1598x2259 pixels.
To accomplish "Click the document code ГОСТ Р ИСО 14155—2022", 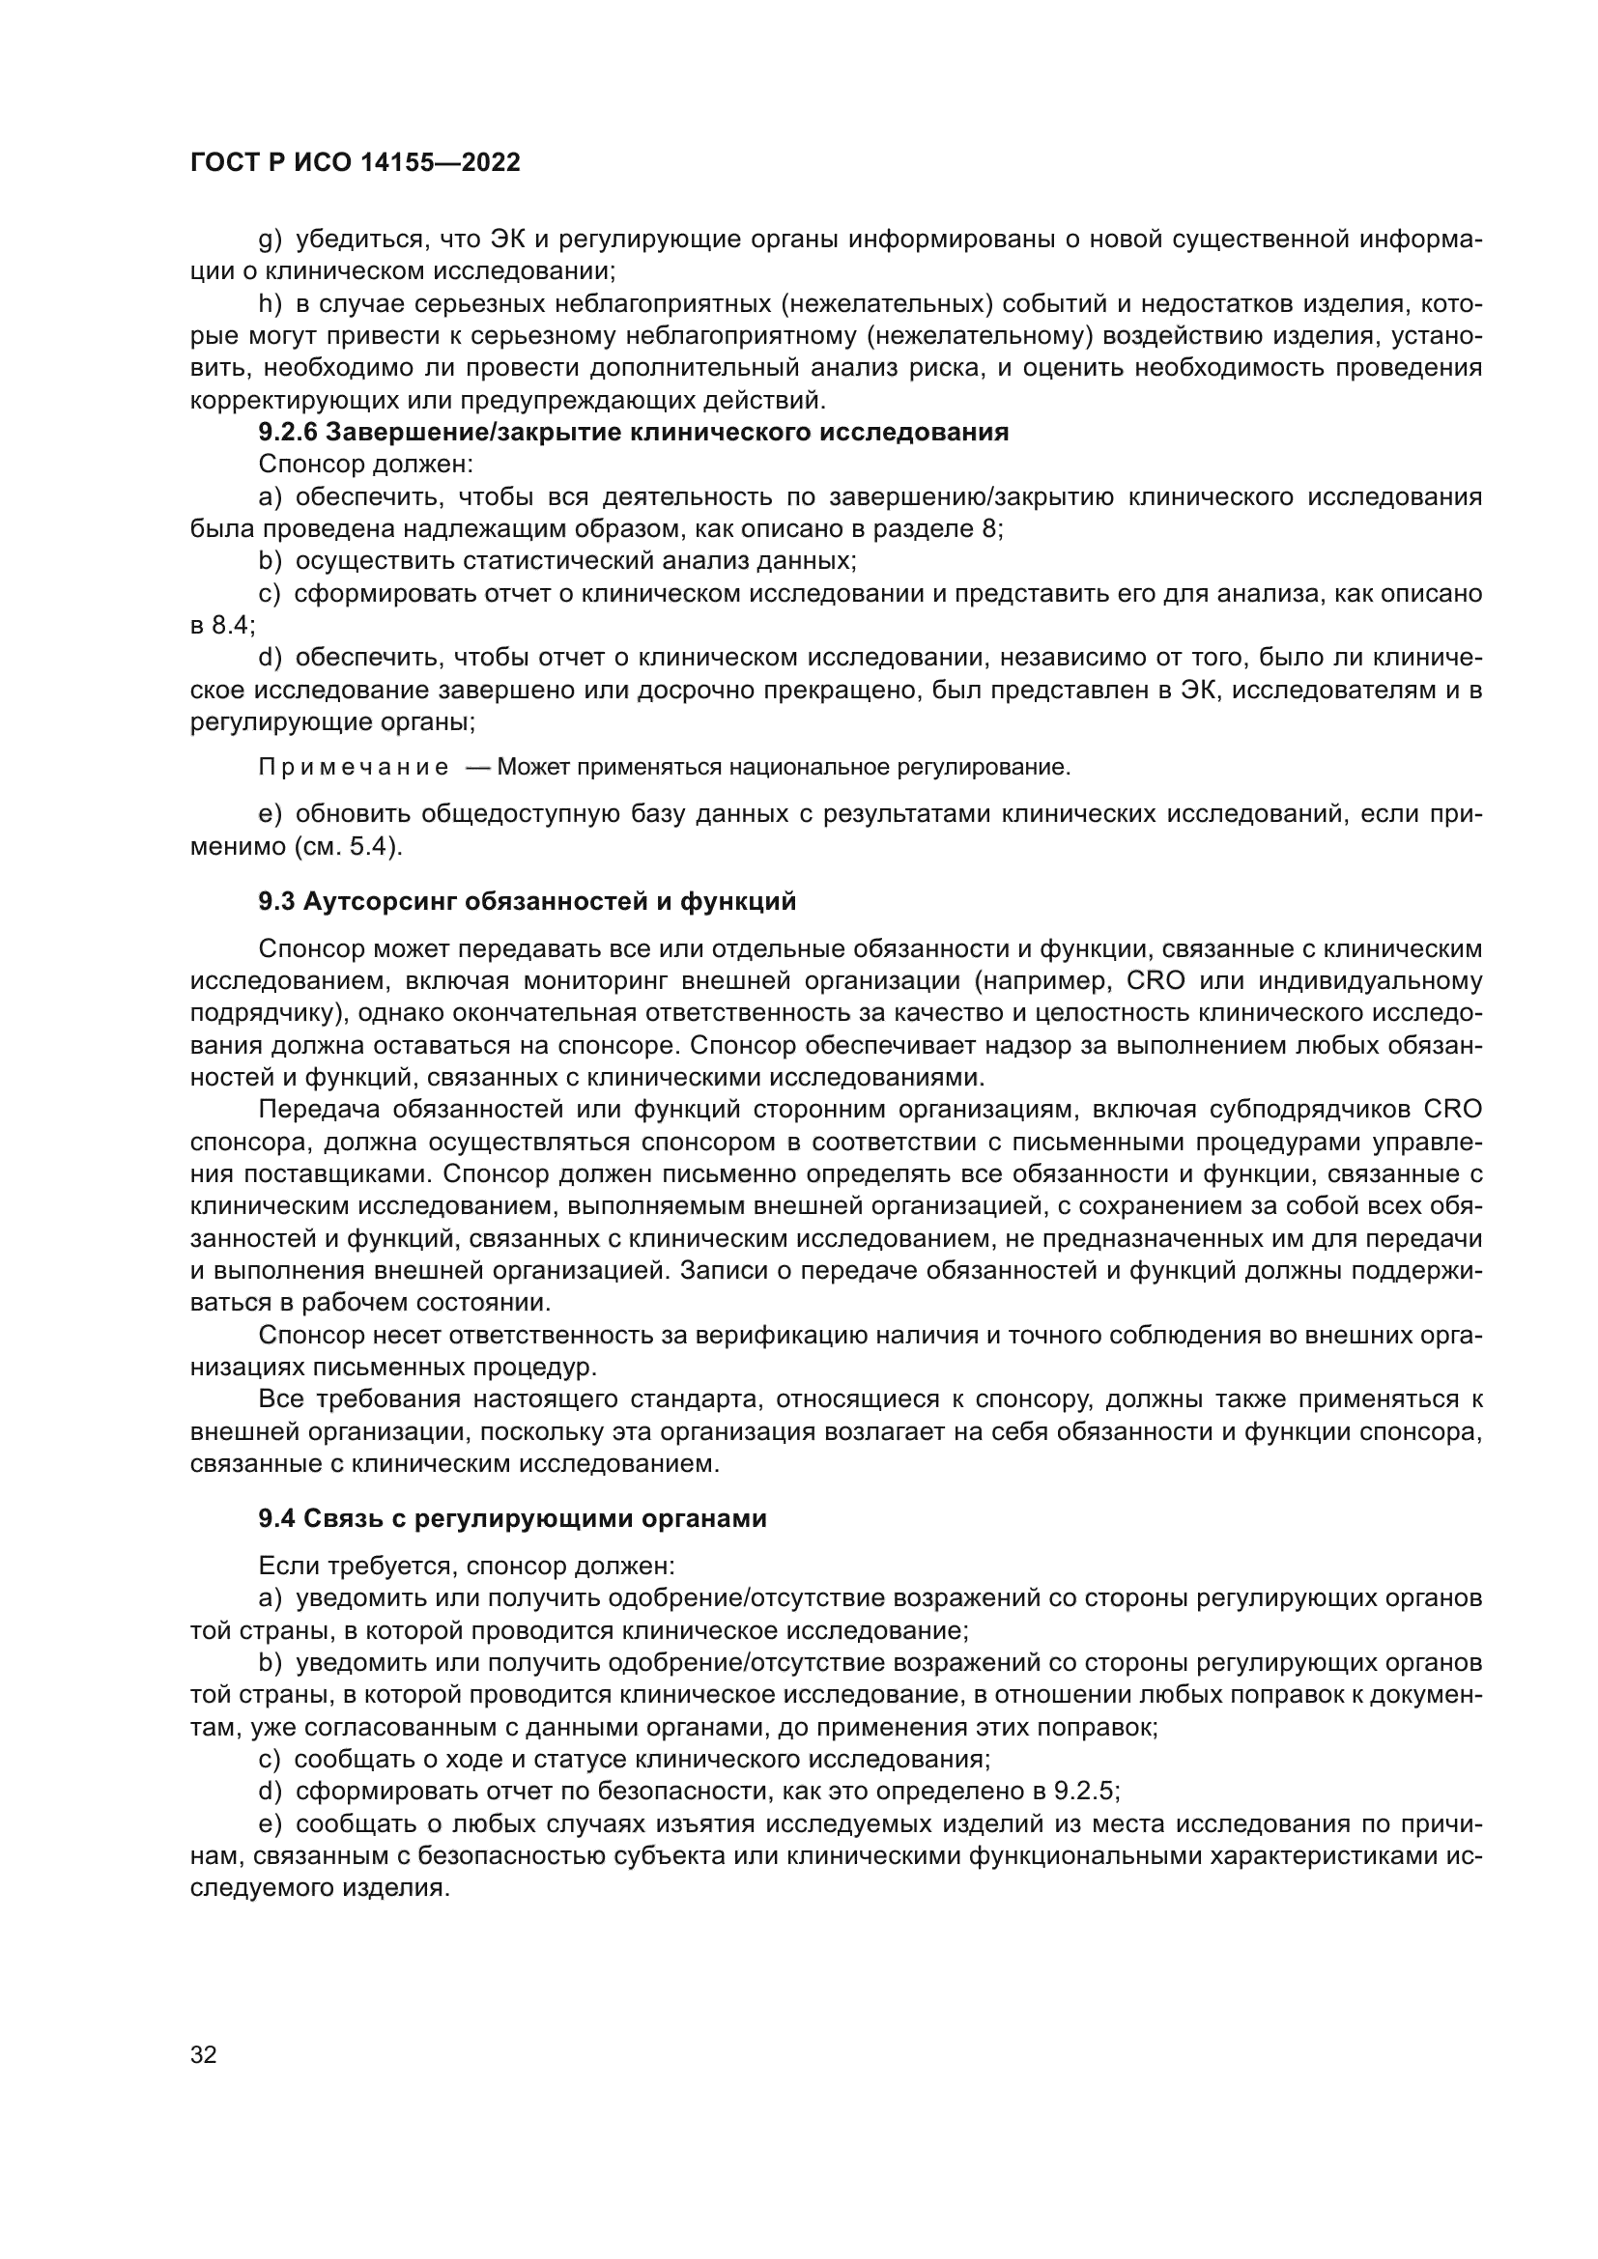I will [355, 163].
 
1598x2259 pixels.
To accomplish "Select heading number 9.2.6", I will [287, 433].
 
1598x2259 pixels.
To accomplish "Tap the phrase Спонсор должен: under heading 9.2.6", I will [366, 465].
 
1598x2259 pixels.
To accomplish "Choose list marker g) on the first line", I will [270, 240].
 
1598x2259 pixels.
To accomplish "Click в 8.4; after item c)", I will [222, 626].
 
